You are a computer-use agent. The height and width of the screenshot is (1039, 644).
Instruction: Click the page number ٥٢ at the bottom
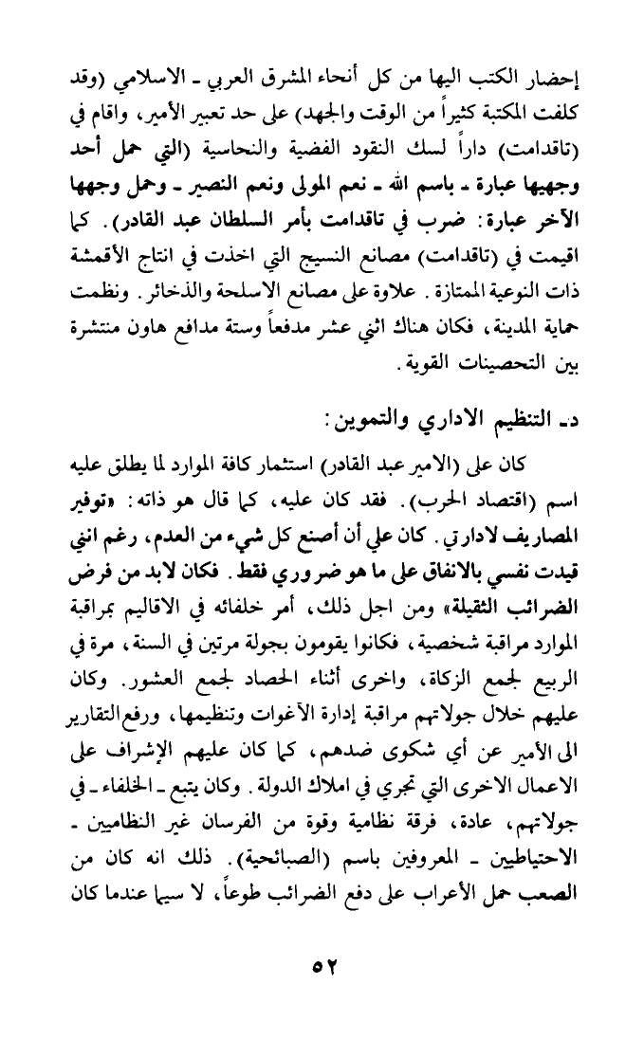pyautogui.click(x=322, y=967)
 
